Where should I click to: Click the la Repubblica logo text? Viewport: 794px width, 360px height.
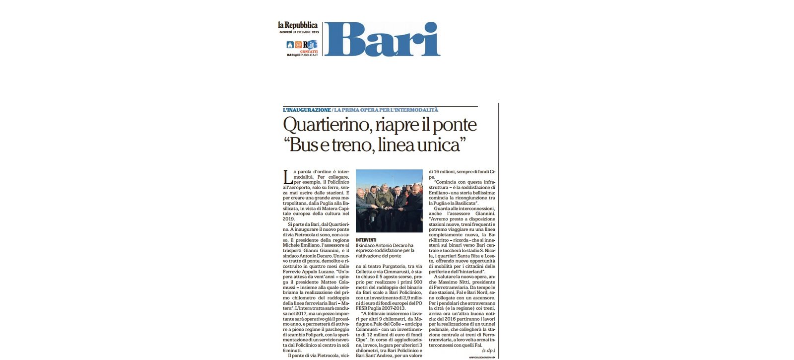tap(298, 25)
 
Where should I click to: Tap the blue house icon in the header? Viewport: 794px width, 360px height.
tap(290, 45)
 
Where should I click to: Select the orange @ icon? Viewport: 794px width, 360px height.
tap(298, 45)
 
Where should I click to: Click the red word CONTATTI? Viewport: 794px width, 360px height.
tap(309, 52)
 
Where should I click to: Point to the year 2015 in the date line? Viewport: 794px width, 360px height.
tap(315, 32)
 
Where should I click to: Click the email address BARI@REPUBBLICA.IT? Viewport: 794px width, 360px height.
tap(302, 55)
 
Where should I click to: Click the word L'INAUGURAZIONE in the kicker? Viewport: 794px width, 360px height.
tap(307, 110)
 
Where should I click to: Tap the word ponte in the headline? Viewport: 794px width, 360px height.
tap(454, 125)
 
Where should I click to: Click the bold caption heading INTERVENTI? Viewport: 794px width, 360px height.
tap(366, 240)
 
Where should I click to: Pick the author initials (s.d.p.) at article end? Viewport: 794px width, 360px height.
tap(488, 351)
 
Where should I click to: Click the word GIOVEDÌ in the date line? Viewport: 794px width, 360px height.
tap(285, 32)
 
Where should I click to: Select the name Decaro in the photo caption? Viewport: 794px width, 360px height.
tap(403, 245)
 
